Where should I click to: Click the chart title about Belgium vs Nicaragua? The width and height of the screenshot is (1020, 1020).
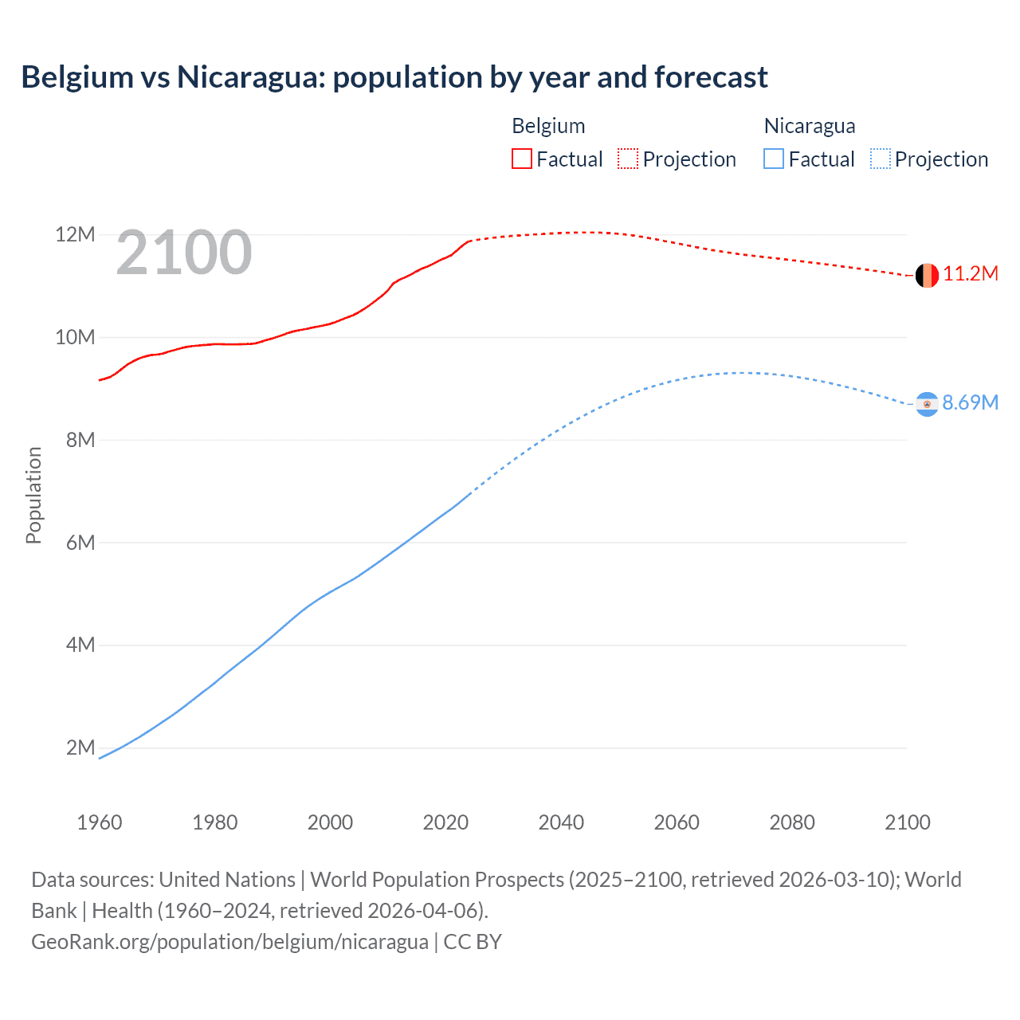coord(394,77)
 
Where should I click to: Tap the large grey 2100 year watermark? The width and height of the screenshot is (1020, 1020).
coord(184,253)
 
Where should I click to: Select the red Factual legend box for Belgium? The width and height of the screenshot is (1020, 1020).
coord(522,159)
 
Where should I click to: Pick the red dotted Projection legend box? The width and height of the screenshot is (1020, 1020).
coord(628,159)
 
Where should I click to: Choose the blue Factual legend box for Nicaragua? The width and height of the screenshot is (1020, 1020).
coord(774,159)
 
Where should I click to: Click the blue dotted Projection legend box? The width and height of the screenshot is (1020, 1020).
coord(881,159)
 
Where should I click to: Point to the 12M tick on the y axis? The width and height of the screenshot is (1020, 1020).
coord(75,234)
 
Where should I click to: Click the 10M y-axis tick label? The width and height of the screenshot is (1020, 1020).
coord(75,337)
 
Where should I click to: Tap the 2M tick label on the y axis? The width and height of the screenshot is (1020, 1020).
coord(80,747)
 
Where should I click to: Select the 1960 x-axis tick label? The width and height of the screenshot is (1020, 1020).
coord(100,822)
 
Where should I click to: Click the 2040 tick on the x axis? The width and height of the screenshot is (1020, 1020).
coord(561,822)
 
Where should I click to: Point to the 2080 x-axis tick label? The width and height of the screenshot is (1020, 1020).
coord(792,822)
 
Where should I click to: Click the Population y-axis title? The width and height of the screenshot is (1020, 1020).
coord(33,495)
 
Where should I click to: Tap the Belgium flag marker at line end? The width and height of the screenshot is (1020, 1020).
coord(927,276)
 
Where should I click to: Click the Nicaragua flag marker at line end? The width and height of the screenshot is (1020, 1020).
coord(927,404)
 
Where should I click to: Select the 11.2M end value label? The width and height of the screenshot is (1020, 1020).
coord(970,274)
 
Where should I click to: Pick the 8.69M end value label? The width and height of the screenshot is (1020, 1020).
coord(970,402)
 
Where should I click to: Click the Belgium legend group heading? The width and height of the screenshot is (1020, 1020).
coord(548,126)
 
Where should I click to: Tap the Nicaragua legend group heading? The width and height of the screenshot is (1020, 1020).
coord(810,126)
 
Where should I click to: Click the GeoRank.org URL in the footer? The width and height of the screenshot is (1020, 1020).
coord(229,942)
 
